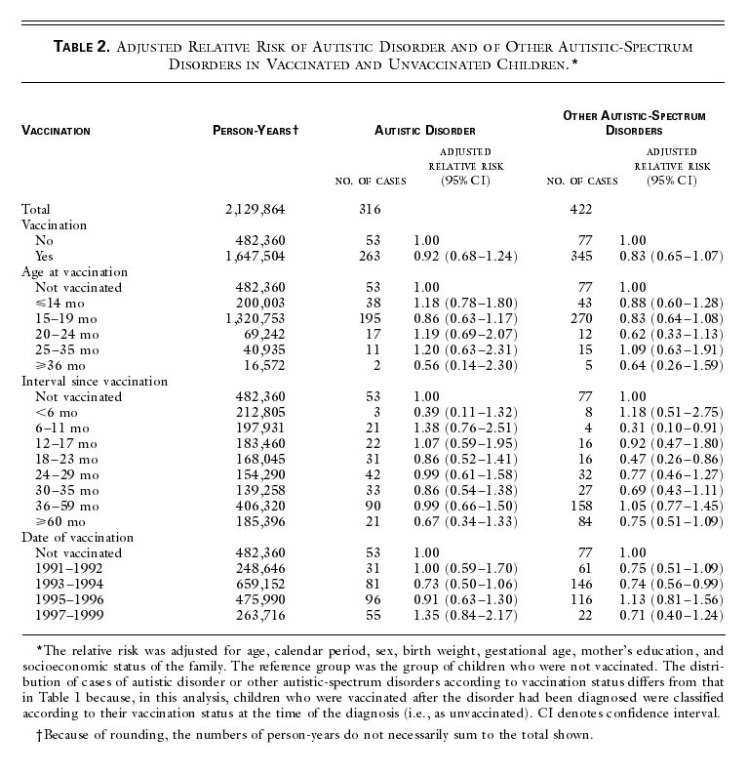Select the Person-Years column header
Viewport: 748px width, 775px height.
(255, 130)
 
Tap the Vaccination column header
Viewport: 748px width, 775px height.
(56, 130)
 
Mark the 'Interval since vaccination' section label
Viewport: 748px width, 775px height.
(94, 381)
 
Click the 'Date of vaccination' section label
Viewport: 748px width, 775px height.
(77, 537)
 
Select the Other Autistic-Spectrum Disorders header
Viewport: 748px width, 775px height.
(634, 122)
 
